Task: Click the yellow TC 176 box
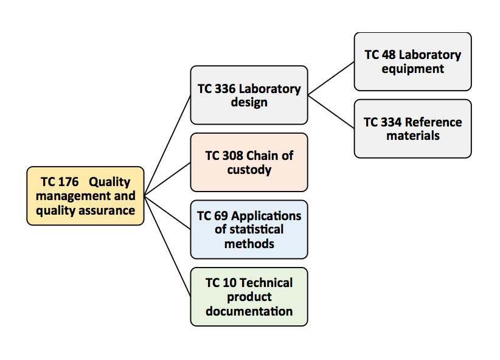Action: pyautogui.click(x=85, y=196)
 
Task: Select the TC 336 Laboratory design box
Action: pyautogui.click(x=249, y=95)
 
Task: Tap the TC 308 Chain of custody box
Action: pyautogui.click(x=249, y=162)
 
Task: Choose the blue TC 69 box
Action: pyautogui.click(x=249, y=229)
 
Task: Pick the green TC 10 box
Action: pyautogui.click(x=249, y=296)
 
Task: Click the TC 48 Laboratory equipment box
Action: pyautogui.click(x=412, y=61)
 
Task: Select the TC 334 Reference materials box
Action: pyautogui.click(x=412, y=128)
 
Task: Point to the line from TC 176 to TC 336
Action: pyautogui.click(x=167, y=146)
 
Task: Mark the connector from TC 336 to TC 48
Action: pyautogui.click(x=331, y=78)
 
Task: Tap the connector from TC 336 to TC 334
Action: pyautogui.click(x=331, y=111)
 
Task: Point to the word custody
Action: pyautogui.click(x=249, y=170)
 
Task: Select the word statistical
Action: pyautogui.click(x=249, y=229)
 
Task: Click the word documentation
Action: pyautogui.click(x=249, y=311)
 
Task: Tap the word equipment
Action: pyautogui.click(x=412, y=69)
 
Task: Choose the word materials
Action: pyautogui.click(x=412, y=136)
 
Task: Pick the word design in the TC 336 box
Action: pyautogui.click(x=249, y=102)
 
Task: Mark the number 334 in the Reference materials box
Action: pyautogui.click(x=391, y=122)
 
